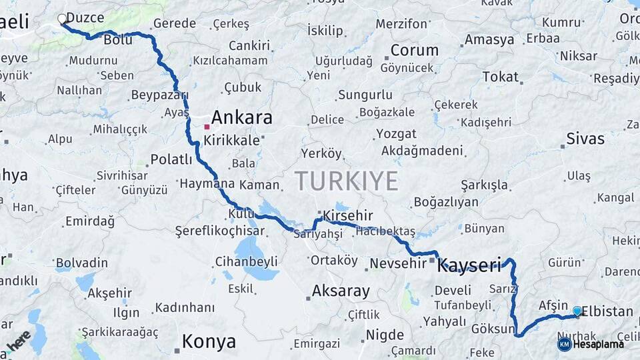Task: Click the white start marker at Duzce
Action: (x=62, y=19)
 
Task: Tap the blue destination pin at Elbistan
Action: (x=577, y=311)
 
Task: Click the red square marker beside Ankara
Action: (x=207, y=126)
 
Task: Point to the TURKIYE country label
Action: (x=347, y=181)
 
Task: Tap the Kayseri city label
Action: (x=469, y=266)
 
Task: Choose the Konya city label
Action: (x=209, y=342)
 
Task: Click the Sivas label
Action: (x=585, y=139)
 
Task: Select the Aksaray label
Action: (x=341, y=291)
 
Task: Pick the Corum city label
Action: (x=414, y=50)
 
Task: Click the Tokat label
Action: (x=500, y=77)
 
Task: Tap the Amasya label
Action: (x=489, y=39)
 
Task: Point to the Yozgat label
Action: (x=396, y=133)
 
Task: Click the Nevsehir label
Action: (x=397, y=263)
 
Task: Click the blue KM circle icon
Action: (x=564, y=344)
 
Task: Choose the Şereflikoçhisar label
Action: (x=219, y=231)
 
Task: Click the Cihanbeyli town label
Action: (x=247, y=261)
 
